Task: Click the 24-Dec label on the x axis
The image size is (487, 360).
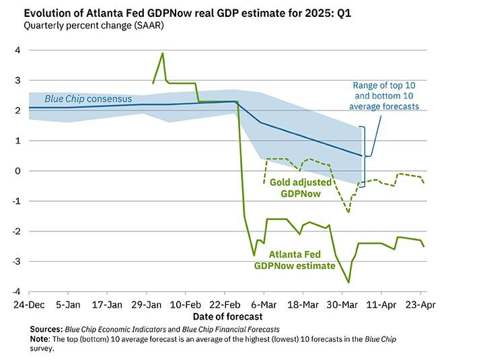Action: click(x=29, y=304)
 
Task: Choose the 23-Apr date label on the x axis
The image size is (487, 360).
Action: click(x=420, y=304)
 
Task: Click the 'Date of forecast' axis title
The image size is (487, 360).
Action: click(x=227, y=316)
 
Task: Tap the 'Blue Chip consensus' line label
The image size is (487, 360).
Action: click(x=89, y=99)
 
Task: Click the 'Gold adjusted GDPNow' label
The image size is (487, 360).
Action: click(x=301, y=188)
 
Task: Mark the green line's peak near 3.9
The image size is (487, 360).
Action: click(x=163, y=53)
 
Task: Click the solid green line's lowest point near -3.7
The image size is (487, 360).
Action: click(x=348, y=283)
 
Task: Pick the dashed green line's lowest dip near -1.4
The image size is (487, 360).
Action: click(x=348, y=212)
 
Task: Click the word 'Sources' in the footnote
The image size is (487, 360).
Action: click(x=46, y=328)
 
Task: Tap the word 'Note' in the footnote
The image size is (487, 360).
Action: click(x=40, y=339)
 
